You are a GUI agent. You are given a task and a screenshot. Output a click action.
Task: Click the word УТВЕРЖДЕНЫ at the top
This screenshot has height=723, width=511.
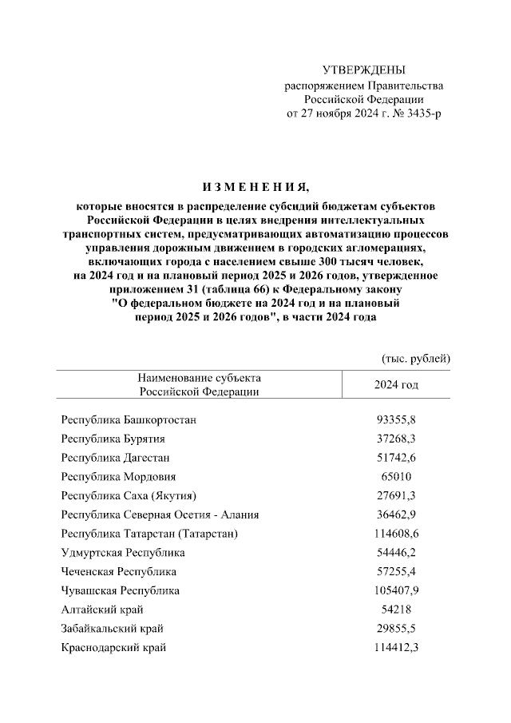click(363, 71)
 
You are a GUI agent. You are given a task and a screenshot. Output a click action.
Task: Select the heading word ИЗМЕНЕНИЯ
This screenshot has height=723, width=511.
click(255, 188)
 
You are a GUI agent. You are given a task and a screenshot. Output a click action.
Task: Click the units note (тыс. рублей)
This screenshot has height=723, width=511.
click(416, 358)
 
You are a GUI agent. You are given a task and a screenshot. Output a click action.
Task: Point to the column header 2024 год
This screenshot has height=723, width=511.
click(396, 385)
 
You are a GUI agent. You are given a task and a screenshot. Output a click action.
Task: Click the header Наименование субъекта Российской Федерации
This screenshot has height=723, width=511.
click(199, 384)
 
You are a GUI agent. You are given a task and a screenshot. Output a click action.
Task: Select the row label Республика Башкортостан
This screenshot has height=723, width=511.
click(129, 419)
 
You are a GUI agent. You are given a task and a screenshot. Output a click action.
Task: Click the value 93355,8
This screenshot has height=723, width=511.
click(396, 419)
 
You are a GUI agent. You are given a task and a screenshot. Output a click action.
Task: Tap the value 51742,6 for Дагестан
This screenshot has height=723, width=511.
click(396, 458)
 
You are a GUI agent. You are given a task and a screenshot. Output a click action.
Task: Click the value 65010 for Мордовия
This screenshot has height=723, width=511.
click(396, 477)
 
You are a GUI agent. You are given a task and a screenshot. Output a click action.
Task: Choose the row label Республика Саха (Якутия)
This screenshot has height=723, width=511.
click(129, 496)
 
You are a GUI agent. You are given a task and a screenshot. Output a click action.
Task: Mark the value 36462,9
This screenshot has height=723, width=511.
click(396, 515)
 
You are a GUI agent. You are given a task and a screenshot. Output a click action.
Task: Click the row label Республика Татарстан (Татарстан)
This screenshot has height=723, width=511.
click(149, 534)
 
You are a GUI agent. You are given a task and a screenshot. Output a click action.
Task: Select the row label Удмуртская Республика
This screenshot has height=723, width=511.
click(123, 553)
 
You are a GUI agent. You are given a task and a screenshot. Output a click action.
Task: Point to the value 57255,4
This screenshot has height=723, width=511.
click(396, 572)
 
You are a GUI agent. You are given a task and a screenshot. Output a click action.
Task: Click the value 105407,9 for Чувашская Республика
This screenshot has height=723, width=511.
click(396, 591)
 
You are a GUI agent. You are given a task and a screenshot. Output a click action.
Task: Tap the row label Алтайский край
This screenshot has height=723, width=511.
click(97, 610)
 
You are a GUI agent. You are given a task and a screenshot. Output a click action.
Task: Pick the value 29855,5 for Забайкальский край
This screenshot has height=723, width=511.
click(396, 629)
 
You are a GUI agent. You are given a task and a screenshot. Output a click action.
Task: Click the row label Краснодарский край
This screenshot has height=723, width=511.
click(113, 648)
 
